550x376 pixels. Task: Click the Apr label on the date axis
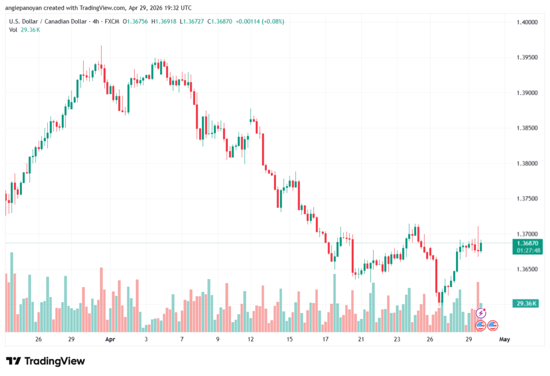(x=110, y=339)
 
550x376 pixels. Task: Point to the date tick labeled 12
(x=250, y=339)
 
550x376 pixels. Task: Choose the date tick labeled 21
(x=361, y=339)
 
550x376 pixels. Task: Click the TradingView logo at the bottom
(x=46, y=361)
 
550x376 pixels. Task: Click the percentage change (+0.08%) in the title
(x=272, y=22)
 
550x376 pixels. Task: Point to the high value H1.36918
(x=167, y=22)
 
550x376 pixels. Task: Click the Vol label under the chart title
(x=13, y=30)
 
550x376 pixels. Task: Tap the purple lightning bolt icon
(x=481, y=313)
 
